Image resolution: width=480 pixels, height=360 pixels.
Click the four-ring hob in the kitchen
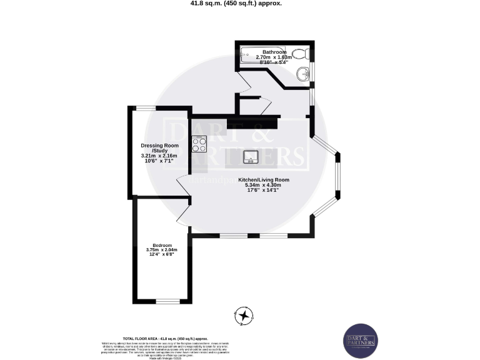[200, 144]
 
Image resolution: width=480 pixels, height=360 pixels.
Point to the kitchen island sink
[251, 156]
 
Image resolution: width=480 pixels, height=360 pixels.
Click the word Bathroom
[274, 52]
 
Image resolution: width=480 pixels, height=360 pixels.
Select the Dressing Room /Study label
[155, 147]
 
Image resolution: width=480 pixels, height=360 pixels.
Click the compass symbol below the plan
[242, 316]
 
